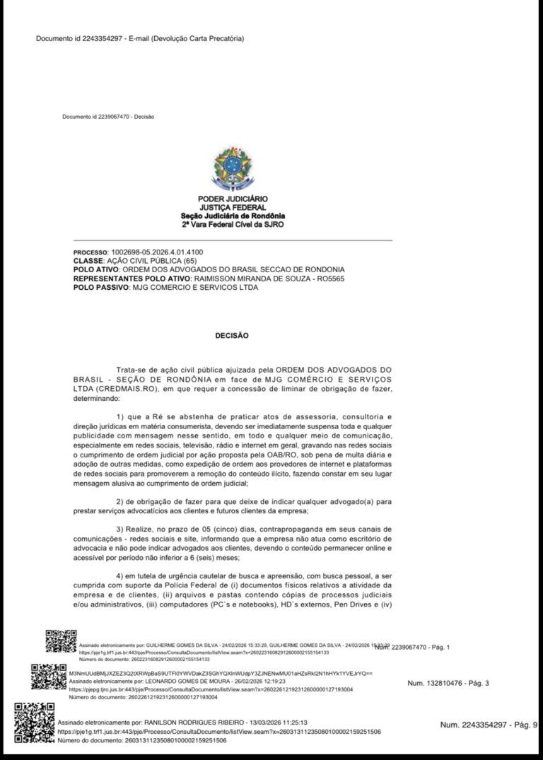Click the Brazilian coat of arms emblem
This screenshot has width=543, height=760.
point(232,168)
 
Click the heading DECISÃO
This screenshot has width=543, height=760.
point(232,336)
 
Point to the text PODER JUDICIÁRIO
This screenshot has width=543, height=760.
point(232,199)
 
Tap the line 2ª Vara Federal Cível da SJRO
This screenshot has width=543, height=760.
point(232,224)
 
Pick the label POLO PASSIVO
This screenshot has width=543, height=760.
point(97,287)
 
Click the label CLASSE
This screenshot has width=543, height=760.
point(88,261)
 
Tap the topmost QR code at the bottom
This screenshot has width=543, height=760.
point(60,641)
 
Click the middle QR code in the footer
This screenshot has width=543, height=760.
point(48,677)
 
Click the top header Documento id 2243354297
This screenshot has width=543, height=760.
point(140,38)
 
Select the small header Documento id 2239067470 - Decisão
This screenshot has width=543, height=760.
point(107,116)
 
